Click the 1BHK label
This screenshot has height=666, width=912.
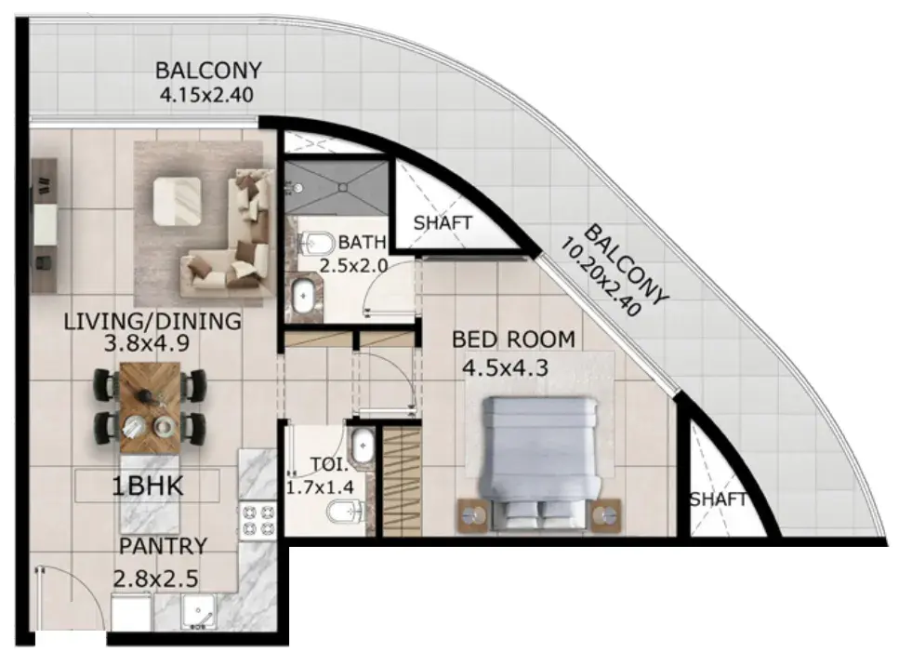[x=147, y=486]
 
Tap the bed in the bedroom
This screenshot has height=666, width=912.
[x=540, y=463]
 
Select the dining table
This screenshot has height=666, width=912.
[x=150, y=407]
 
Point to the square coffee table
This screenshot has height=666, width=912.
[x=178, y=201]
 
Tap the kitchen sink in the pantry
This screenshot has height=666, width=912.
[x=198, y=611]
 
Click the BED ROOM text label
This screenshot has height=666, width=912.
[x=513, y=340]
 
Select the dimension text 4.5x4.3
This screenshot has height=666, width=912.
[x=506, y=368]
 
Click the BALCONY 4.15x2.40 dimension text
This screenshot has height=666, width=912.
[x=207, y=94]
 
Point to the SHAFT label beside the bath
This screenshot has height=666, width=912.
[x=443, y=222]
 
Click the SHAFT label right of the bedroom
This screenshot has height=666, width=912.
[x=719, y=499]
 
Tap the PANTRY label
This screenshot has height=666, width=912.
[x=163, y=546]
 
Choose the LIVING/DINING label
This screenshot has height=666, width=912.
[x=152, y=321]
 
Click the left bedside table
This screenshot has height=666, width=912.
[x=472, y=515]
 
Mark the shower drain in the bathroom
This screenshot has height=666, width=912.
[x=343, y=188]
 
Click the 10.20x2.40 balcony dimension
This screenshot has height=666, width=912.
[x=601, y=279]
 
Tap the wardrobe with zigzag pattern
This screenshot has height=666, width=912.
[x=402, y=480]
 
